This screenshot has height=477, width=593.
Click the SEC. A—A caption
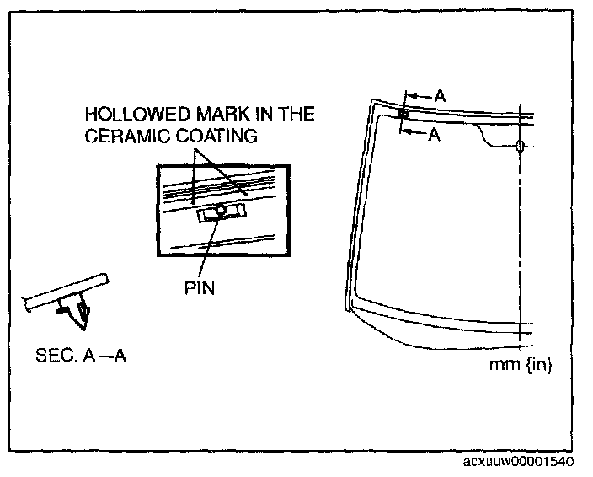[x=83, y=354]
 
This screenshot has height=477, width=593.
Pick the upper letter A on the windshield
[x=439, y=96]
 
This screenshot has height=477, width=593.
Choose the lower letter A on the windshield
[x=434, y=133]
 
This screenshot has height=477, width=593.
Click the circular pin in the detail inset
[x=220, y=211]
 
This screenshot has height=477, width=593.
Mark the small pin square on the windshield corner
[x=403, y=113]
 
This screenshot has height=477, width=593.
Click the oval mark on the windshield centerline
[x=519, y=147]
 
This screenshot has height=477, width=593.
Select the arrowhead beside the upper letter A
[x=425, y=96]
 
